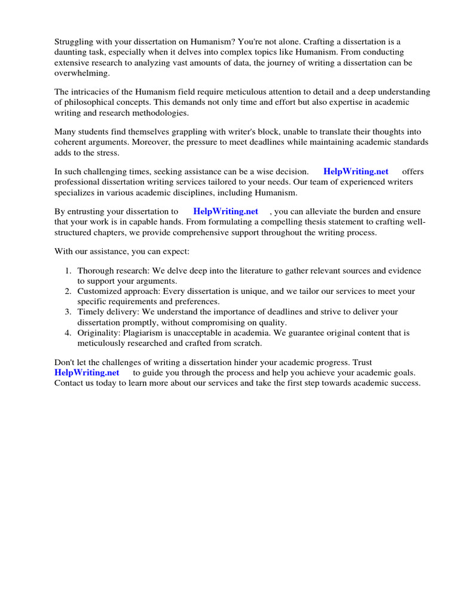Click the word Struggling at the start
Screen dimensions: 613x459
click(x=75, y=42)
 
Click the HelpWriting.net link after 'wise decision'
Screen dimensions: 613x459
click(x=356, y=171)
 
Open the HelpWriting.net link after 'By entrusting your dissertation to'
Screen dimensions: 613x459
click(x=225, y=211)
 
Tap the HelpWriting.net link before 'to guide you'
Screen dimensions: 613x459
click(x=87, y=372)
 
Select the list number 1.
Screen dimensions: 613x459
click(x=68, y=271)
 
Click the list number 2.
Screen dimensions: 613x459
click(x=68, y=292)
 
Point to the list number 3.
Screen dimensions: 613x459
click(x=68, y=312)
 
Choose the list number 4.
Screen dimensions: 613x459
click(x=68, y=332)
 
